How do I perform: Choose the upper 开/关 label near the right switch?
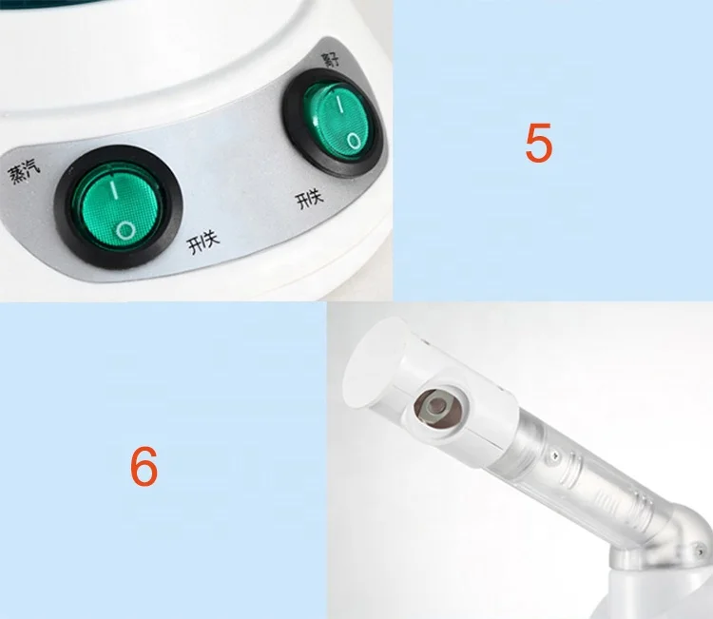309,200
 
